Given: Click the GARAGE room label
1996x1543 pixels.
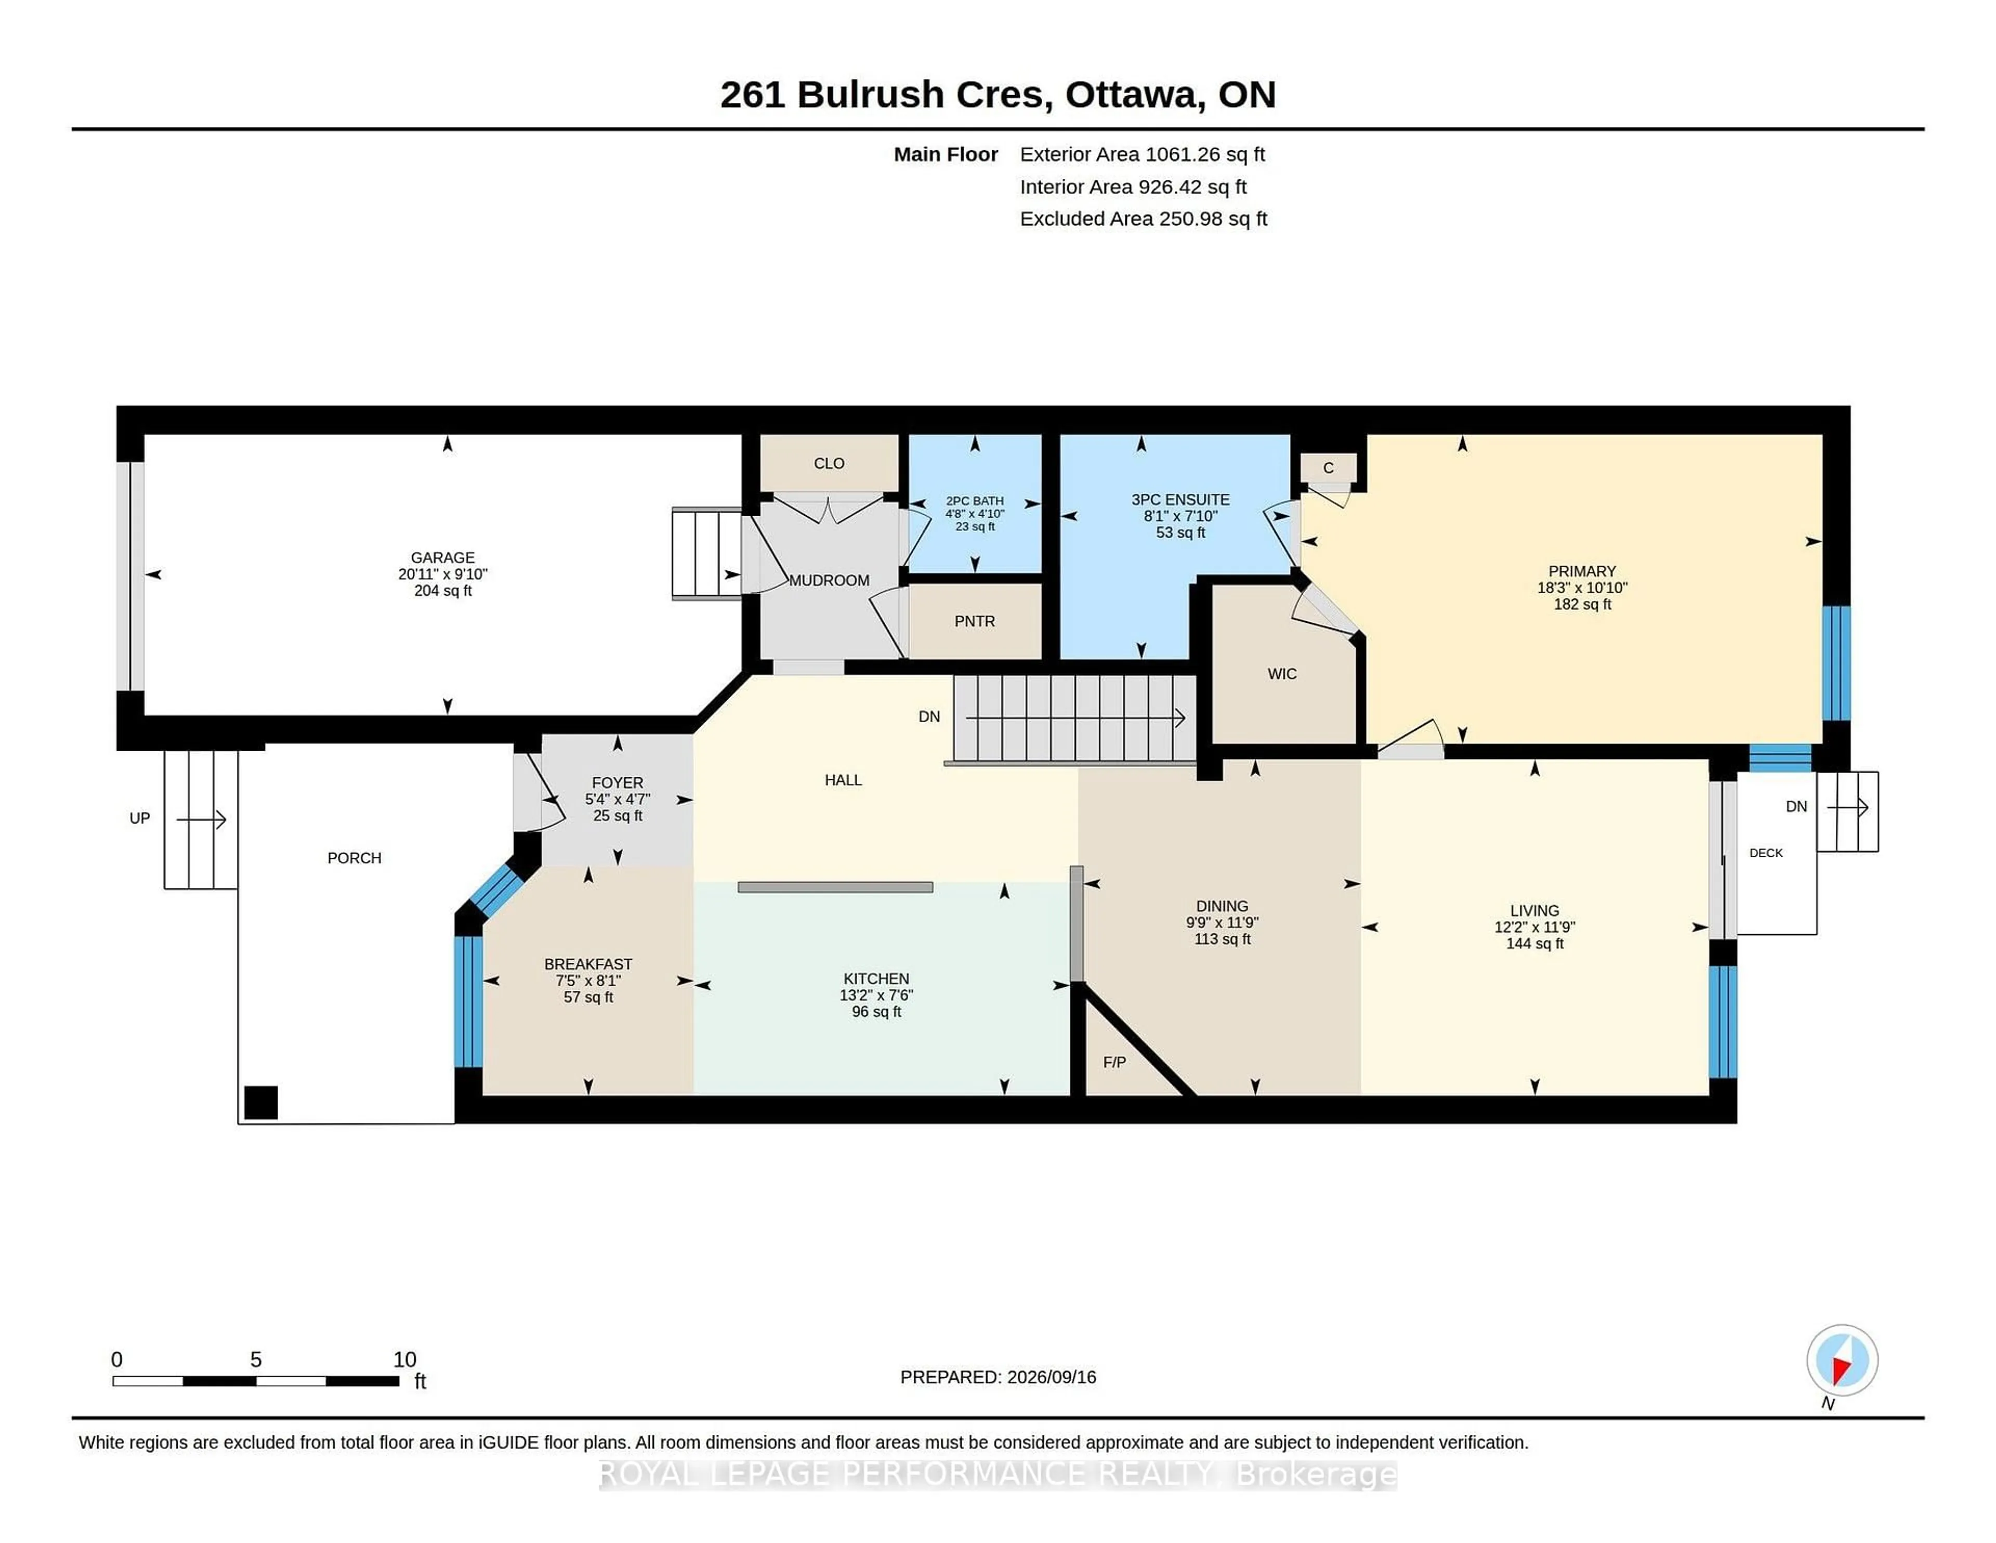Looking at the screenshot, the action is pos(442,557).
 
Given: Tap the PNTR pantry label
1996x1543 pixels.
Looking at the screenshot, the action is pos(974,621).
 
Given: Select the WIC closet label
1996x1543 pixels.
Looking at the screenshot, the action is pos(1281,674).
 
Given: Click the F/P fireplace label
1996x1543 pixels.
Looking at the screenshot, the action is pos(1114,1061).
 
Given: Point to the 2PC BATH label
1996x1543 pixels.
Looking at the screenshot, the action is pos(974,501).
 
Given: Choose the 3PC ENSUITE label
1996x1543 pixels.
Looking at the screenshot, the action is pos(1180,499).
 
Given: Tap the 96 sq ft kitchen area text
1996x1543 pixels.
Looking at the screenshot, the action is pos(876,1011).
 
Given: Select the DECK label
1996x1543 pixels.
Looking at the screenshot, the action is pos(1766,853).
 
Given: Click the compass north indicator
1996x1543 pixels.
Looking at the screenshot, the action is pos(1842,1360).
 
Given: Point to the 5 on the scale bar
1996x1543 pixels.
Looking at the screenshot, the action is pos(256,1359).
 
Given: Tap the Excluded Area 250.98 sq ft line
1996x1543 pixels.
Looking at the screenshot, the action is pos(1144,218).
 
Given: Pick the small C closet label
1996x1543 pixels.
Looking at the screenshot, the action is pos(1328,468).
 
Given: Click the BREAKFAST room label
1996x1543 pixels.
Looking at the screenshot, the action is pos(588,963).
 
